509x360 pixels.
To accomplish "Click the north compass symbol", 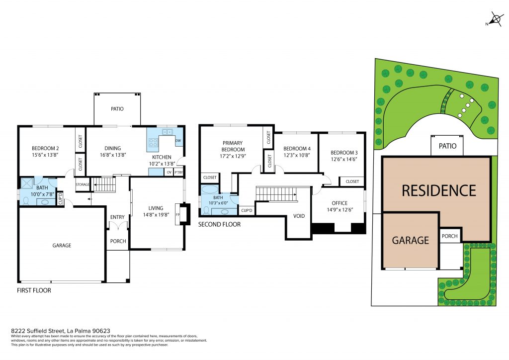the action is tap(495, 19).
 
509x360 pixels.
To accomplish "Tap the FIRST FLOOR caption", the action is tap(34, 290).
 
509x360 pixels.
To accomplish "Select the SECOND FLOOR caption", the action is tap(219, 224).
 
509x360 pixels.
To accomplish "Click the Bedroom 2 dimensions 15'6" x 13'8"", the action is tap(45, 155).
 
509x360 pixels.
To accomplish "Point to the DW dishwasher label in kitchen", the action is tap(178, 141).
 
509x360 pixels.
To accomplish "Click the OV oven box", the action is tap(169, 173).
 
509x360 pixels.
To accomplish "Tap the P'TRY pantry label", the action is tap(178, 173).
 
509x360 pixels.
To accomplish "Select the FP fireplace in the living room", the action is tap(178, 214).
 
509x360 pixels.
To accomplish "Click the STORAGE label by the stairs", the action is tap(83, 184).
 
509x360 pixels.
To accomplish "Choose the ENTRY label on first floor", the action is tap(117, 217).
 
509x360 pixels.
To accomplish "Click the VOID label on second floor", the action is tap(299, 216).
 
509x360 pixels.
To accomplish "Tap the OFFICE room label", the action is tap(339, 203).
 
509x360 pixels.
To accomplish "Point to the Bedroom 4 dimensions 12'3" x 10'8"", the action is tap(297, 155).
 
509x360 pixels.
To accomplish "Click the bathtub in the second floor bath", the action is tap(210, 189).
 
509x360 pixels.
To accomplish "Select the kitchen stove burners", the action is tap(153, 142).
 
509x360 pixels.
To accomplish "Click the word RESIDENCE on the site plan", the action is tap(439, 190).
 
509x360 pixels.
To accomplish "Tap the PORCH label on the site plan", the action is tap(449, 236).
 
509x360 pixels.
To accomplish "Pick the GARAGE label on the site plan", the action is tap(410, 240).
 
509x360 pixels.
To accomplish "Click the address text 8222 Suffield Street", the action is tap(38, 331).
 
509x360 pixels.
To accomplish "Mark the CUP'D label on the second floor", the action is tap(247, 210).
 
